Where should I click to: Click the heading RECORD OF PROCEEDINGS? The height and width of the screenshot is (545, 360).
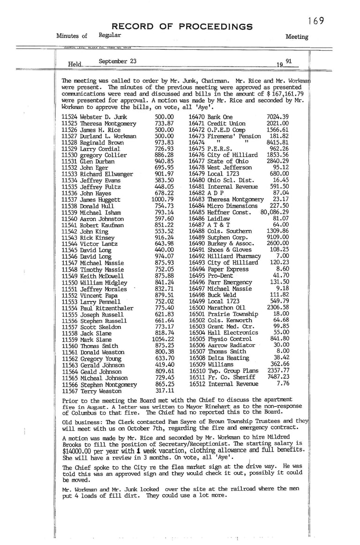(x=182, y=26)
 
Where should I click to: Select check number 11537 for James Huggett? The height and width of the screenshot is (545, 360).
(x=69, y=200)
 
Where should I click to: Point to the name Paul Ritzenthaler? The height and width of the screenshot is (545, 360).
(x=106, y=309)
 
